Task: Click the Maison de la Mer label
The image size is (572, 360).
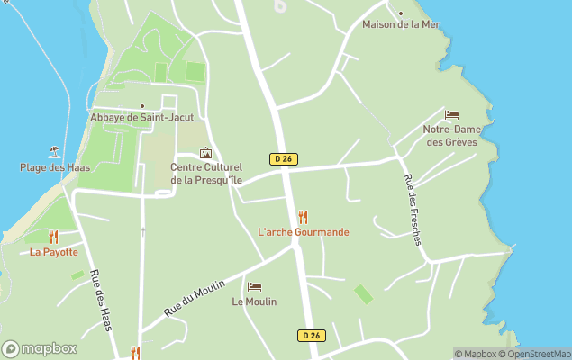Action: click(x=400, y=24)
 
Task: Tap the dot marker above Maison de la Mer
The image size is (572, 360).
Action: click(x=401, y=13)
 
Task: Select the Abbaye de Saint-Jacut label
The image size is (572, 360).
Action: click(x=141, y=117)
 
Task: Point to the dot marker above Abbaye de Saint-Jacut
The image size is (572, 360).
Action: click(x=141, y=106)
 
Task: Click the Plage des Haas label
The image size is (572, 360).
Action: click(x=54, y=167)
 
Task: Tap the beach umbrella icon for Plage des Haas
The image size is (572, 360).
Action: click(x=55, y=152)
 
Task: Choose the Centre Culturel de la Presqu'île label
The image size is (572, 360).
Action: click(x=206, y=174)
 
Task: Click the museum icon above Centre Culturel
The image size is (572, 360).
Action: click(x=206, y=153)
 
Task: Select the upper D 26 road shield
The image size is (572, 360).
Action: click(x=283, y=158)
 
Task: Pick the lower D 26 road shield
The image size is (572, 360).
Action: click(x=311, y=336)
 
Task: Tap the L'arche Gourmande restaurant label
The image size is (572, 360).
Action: click(x=303, y=232)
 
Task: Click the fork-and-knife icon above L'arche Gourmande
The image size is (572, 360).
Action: click(x=303, y=217)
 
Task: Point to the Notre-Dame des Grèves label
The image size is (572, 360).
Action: click(x=451, y=136)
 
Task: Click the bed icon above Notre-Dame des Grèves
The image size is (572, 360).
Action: click(x=451, y=115)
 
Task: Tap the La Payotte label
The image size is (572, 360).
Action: click(x=53, y=252)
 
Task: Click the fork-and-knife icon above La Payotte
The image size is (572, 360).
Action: click(x=53, y=237)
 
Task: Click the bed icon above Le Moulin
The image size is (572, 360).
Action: click(x=254, y=286)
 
